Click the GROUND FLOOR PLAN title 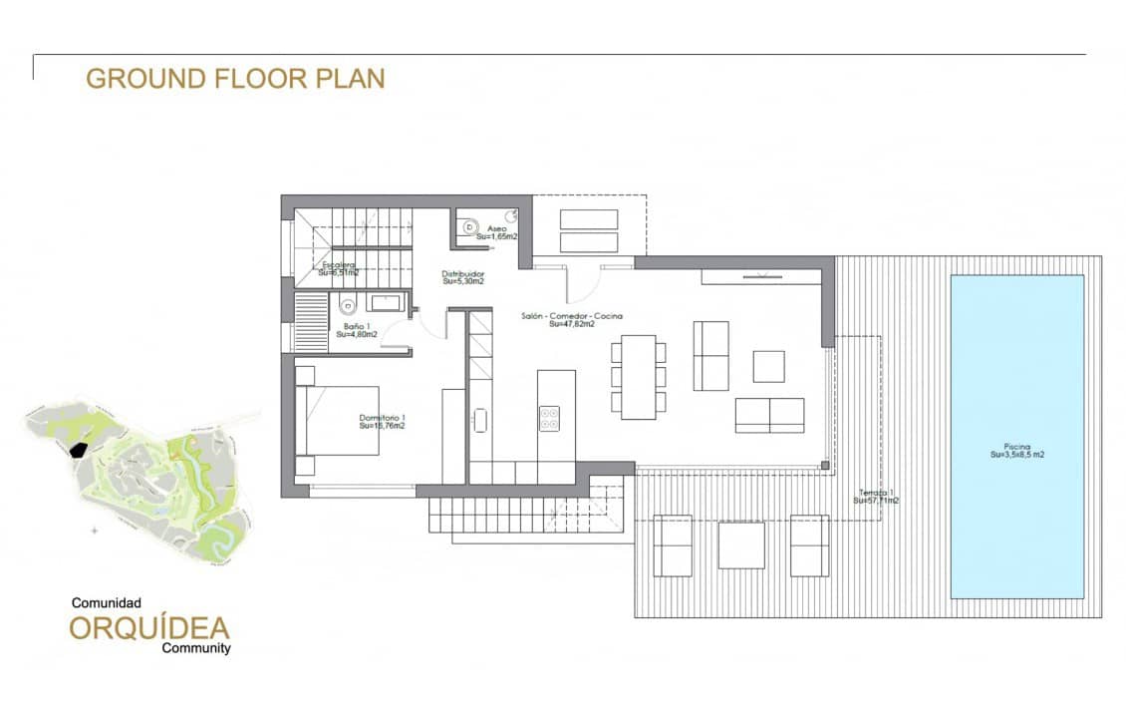pyautogui.click(x=235, y=79)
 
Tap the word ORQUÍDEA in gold pyautogui.click(x=149, y=628)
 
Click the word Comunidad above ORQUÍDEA pyautogui.click(x=107, y=603)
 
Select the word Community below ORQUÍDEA pyautogui.click(x=196, y=648)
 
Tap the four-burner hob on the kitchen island pyautogui.click(x=549, y=418)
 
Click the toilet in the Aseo pyautogui.click(x=469, y=226)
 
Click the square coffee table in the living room pyautogui.click(x=768, y=366)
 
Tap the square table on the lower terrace pyautogui.click(x=740, y=545)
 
